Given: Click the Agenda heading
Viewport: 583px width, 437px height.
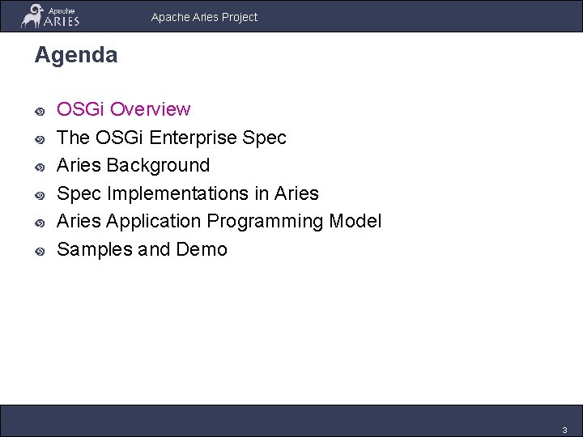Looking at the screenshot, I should point(75,55).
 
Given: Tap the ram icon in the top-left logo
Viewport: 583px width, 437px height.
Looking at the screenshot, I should point(33,16).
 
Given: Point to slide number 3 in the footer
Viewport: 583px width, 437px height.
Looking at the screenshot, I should point(565,429).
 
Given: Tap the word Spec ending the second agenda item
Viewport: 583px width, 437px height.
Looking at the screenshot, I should point(265,138).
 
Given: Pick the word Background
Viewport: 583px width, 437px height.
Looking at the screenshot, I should point(158,165).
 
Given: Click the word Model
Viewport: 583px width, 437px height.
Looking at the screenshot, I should point(356,221).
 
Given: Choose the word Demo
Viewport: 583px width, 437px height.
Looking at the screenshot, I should point(202,249).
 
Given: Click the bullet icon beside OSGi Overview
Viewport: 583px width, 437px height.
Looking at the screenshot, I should point(39,111).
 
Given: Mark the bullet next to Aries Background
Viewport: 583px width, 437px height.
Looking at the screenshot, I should point(39,167).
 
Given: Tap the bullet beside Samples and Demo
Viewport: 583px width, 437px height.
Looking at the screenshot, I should point(39,251).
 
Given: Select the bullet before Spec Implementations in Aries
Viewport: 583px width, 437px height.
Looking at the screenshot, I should point(39,195).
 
